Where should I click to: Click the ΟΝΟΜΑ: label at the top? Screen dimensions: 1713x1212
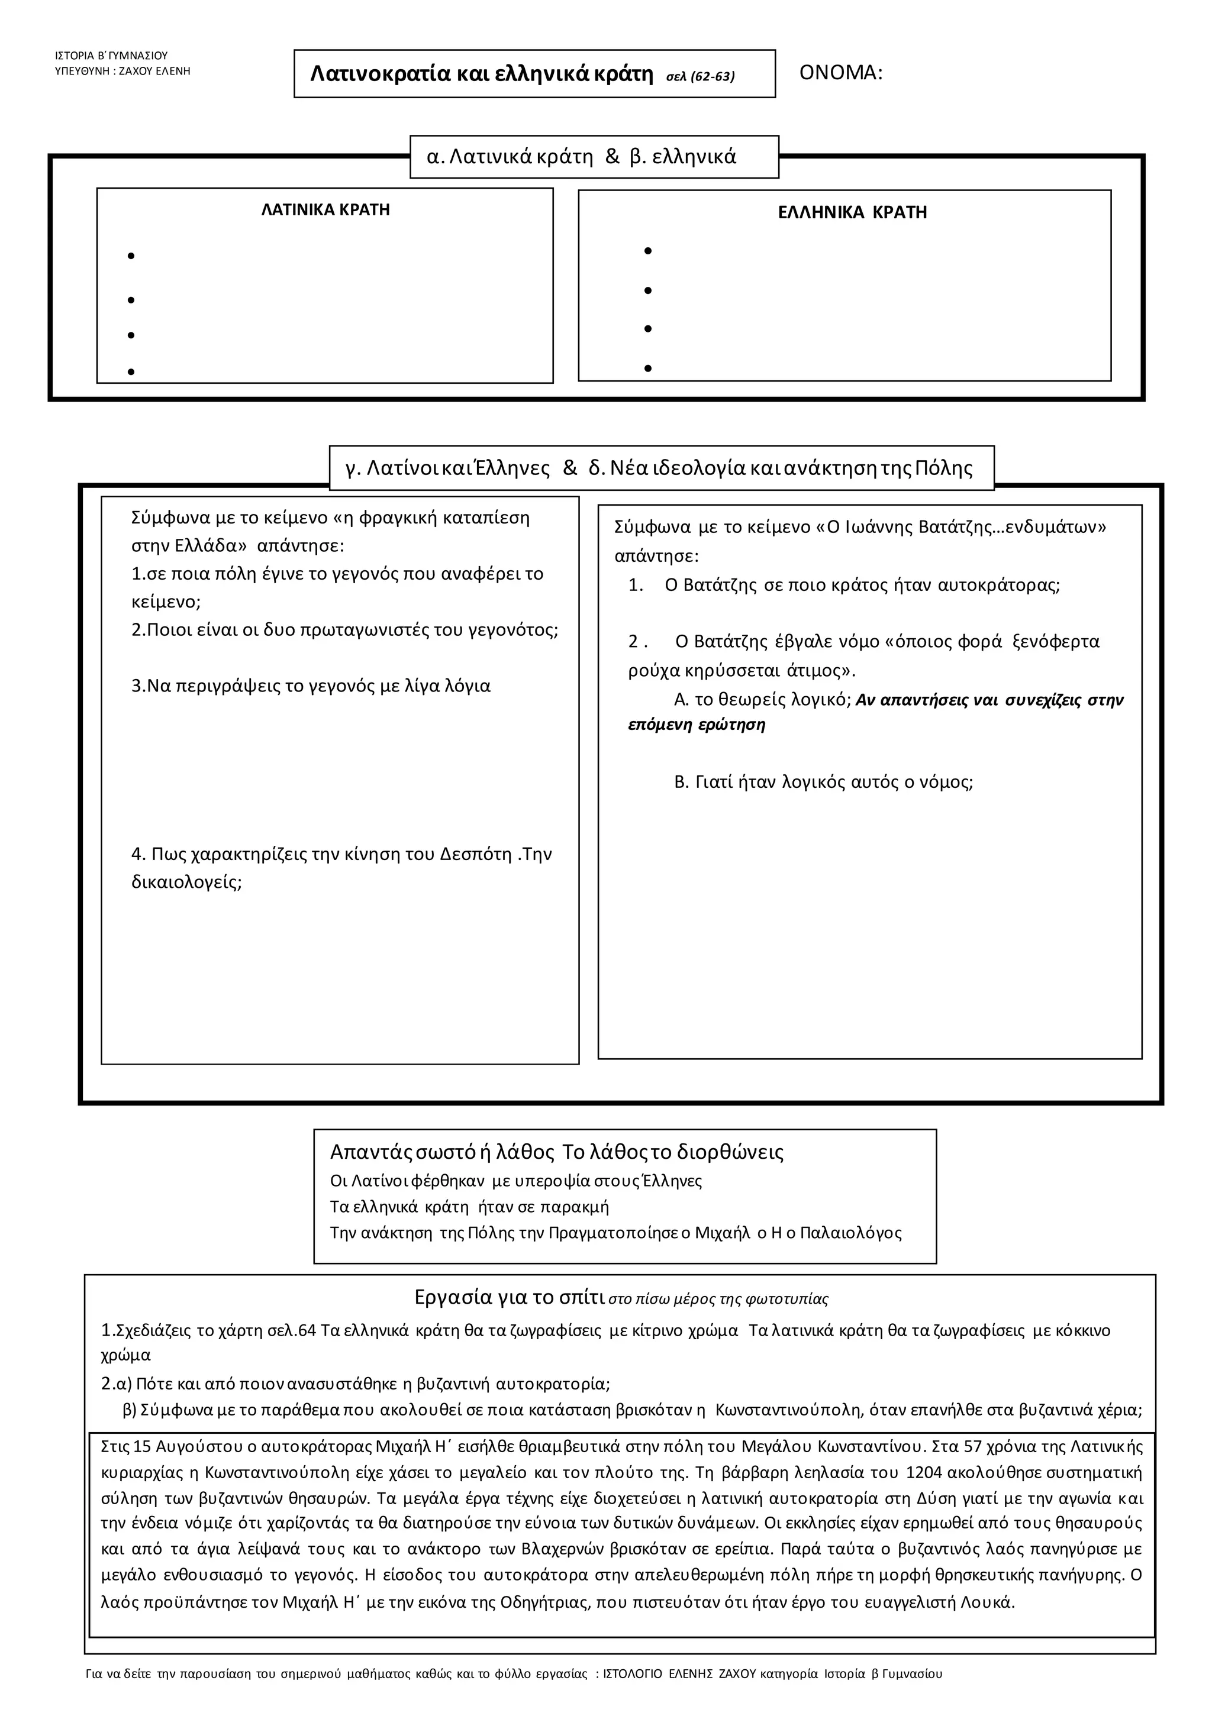click(840, 73)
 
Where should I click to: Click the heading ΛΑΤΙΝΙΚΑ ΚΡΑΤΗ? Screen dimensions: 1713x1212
click(325, 209)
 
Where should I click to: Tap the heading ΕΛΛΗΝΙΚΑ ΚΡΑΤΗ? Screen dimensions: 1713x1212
click(852, 212)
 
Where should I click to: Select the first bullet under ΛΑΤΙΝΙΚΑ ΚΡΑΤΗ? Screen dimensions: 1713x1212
click(131, 257)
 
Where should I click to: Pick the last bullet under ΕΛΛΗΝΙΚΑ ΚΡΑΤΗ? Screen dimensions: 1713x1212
click(648, 369)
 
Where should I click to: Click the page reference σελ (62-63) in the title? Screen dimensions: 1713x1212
click(700, 76)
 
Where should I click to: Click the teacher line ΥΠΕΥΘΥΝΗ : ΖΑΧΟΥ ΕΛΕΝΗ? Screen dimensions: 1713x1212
click(123, 72)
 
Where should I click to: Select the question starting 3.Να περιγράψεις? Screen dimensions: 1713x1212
click(311, 686)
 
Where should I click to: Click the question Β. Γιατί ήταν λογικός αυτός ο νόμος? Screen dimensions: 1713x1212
click(823, 782)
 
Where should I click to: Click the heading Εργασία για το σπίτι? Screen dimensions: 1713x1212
click(509, 1297)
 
